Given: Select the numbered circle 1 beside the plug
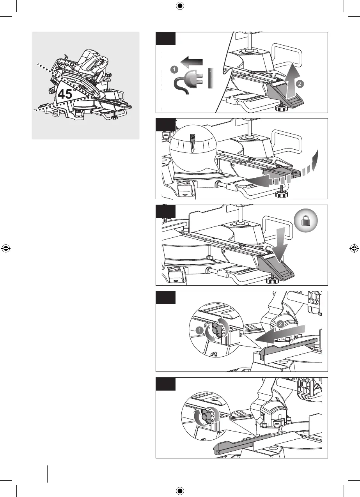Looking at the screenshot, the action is (174, 69).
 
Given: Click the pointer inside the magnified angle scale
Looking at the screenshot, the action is (193, 143).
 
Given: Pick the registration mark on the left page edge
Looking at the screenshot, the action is (5, 248).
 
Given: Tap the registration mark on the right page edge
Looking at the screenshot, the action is (354, 248).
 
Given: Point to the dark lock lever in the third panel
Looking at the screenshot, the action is (279, 270).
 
